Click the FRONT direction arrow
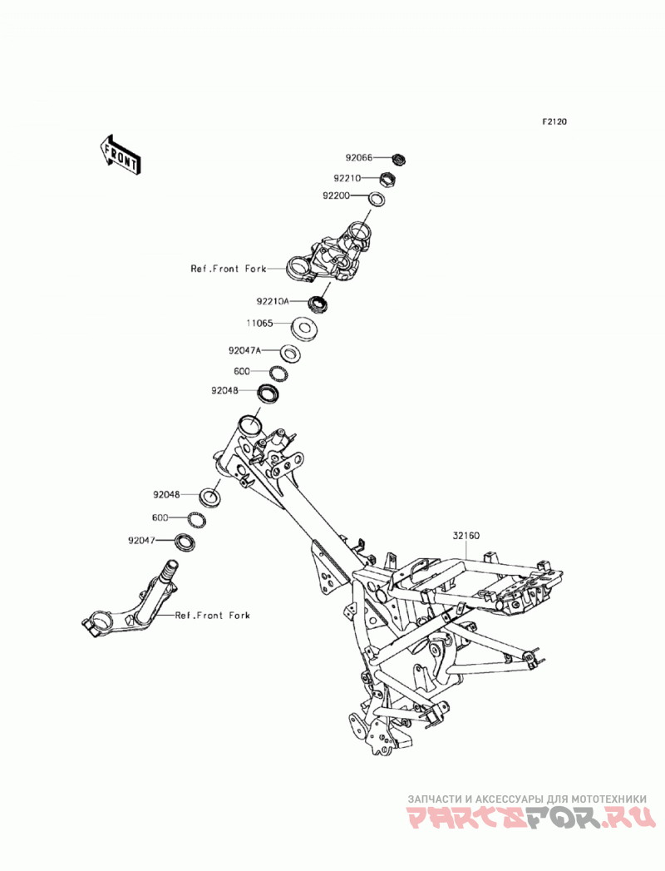coord(120,156)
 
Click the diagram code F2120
coord(554,121)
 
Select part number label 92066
coord(358,158)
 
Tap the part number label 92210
coord(347,178)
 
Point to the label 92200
coord(336,196)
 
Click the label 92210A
coord(273,301)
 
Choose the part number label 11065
coord(260,324)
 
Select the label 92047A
coord(244,350)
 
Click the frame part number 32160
coord(465,536)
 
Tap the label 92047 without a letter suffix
coord(141,539)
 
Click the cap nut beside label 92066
coord(398,160)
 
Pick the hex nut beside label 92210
coord(387,180)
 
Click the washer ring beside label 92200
coord(377,198)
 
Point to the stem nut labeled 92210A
coord(318,303)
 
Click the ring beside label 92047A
coord(290,354)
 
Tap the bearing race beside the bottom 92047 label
coord(185,542)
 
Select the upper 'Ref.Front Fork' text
coord(228,269)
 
